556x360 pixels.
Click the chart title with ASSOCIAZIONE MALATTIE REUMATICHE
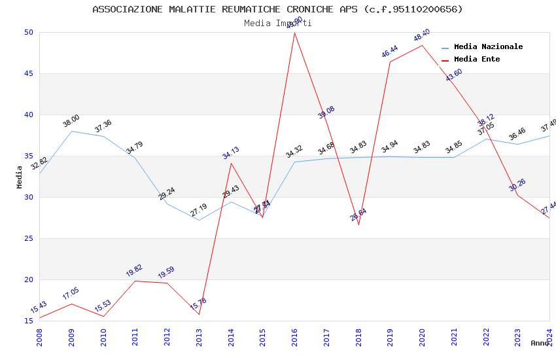277,9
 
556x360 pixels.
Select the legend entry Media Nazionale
488,47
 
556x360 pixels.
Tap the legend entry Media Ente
477,60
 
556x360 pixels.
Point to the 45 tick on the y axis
29,73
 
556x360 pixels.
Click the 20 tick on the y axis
29,279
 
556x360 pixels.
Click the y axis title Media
20,177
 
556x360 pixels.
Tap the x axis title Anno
540,343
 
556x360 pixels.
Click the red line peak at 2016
294,33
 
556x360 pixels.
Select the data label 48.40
422,35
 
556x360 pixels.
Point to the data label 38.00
71,121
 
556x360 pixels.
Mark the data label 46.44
390,52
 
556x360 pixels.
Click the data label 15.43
39,308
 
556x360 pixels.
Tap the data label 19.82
135,271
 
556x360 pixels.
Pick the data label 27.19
199,210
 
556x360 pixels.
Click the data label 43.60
454,75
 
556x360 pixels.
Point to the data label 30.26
517,185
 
